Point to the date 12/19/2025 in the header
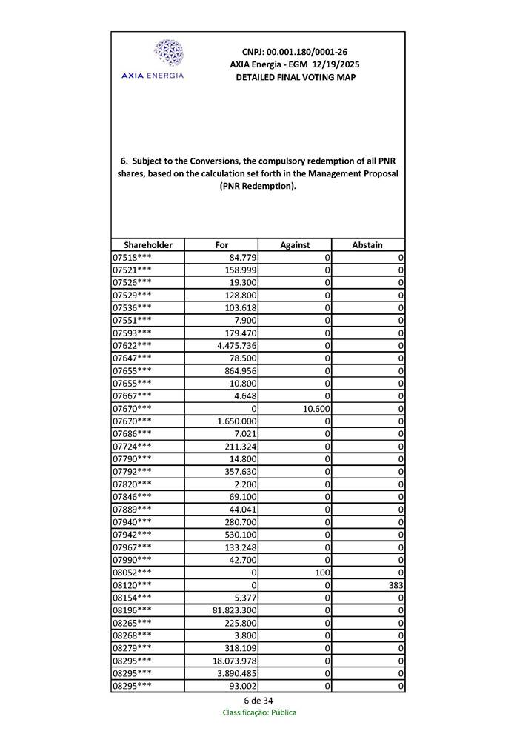pyautogui.click(x=335, y=64)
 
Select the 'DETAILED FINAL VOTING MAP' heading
pyautogui.click(x=295, y=77)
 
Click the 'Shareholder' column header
pyautogui.click(x=148, y=244)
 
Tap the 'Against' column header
pyautogui.click(x=295, y=244)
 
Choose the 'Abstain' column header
pyautogui.click(x=368, y=244)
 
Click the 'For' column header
pyautogui.click(x=221, y=244)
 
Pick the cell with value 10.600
pyautogui.click(x=314, y=408)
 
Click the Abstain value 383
pyautogui.click(x=393, y=584)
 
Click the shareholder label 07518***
pyautogui.click(x=132, y=257)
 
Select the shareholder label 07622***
pyautogui.click(x=132, y=345)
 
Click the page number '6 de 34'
pyautogui.click(x=258, y=701)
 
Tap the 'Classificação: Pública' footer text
pyautogui.click(x=259, y=712)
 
